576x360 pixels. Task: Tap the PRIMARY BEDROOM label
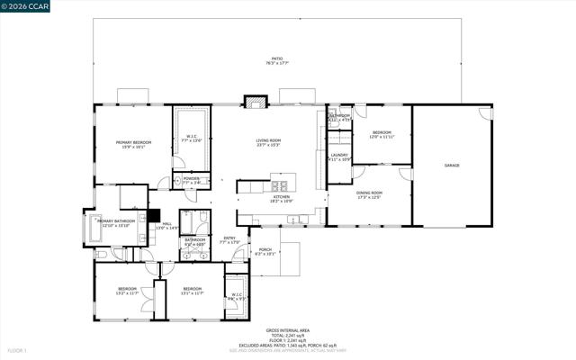click(133, 145)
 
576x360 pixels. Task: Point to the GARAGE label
click(451, 166)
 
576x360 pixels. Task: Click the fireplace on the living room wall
click(254, 103)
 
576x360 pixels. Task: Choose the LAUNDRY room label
click(339, 157)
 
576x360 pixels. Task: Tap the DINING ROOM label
click(369, 194)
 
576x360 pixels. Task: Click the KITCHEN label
click(282, 199)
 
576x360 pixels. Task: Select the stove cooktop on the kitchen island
click(276, 187)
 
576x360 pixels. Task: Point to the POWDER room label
click(191, 180)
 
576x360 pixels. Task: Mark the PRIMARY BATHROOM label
click(117, 222)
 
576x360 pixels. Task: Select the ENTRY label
click(229, 239)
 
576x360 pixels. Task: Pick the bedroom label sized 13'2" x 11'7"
click(127, 291)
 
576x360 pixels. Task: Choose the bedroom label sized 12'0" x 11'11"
click(382, 135)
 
